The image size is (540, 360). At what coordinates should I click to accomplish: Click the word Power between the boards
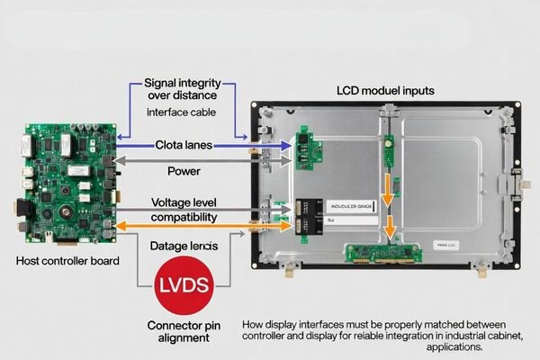pyautogui.click(x=184, y=170)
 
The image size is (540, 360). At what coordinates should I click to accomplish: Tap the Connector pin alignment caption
pyautogui.click(x=184, y=330)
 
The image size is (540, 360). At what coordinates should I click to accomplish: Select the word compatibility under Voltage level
pyautogui.click(x=184, y=217)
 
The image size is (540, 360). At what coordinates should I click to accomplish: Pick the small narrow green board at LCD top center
pyautogui.click(x=389, y=151)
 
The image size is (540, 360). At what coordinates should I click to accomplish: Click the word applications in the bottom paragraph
pyautogui.click(x=456, y=346)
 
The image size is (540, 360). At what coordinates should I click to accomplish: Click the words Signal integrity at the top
pyautogui.click(x=183, y=83)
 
